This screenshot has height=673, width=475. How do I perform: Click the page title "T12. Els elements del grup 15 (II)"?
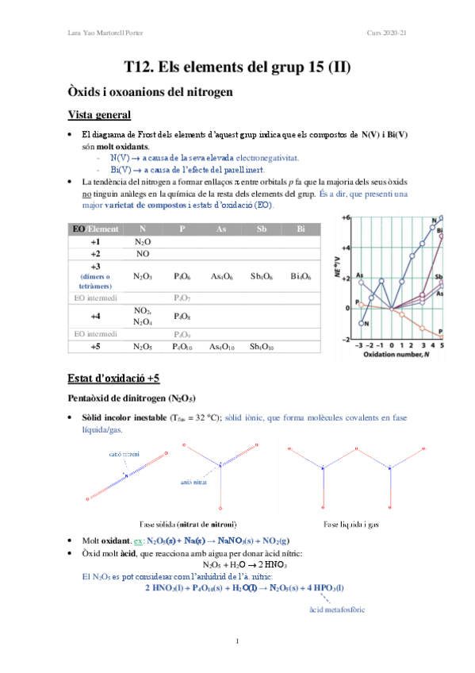point(237,68)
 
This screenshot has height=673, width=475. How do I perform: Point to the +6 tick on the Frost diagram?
point(346,217)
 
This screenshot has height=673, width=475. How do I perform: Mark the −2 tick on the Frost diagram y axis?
point(346,339)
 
